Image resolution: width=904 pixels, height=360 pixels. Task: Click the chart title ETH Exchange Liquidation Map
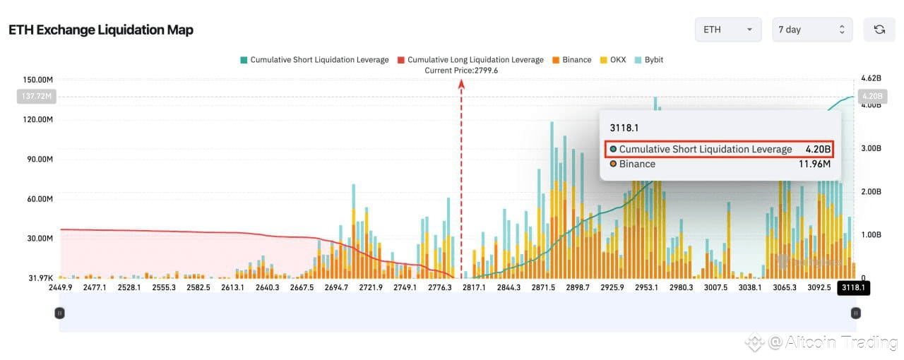pyautogui.click(x=101, y=30)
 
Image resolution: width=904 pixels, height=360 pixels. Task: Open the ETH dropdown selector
pyautogui.click(x=728, y=30)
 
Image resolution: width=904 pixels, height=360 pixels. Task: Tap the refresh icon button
pyautogui.click(x=879, y=30)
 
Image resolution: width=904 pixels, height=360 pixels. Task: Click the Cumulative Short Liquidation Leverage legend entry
pyautogui.click(x=314, y=60)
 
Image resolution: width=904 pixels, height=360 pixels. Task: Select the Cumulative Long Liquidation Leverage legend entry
pyautogui.click(x=470, y=60)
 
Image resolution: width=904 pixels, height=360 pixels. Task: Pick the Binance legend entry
pyautogui.click(x=572, y=60)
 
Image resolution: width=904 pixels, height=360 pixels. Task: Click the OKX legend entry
pyautogui.click(x=612, y=60)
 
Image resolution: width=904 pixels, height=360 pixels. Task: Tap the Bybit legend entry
pyautogui.click(x=648, y=60)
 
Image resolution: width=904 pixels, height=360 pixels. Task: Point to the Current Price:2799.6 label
pyautogui.click(x=461, y=71)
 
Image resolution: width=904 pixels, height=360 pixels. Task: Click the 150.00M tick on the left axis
pyautogui.click(x=38, y=80)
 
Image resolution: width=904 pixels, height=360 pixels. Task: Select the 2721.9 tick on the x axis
pyautogui.click(x=371, y=287)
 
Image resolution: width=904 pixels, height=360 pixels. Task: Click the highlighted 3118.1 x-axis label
pyautogui.click(x=852, y=287)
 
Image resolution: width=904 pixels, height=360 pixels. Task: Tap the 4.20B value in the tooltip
pyautogui.click(x=818, y=149)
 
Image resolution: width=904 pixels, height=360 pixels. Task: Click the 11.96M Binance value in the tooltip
pyautogui.click(x=814, y=164)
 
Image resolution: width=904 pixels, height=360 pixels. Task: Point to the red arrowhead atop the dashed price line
pyautogui.click(x=461, y=84)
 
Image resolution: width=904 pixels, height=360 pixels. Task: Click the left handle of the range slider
pyautogui.click(x=60, y=313)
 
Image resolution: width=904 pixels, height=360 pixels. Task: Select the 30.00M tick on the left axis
pyautogui.click(x=39, y=239)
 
